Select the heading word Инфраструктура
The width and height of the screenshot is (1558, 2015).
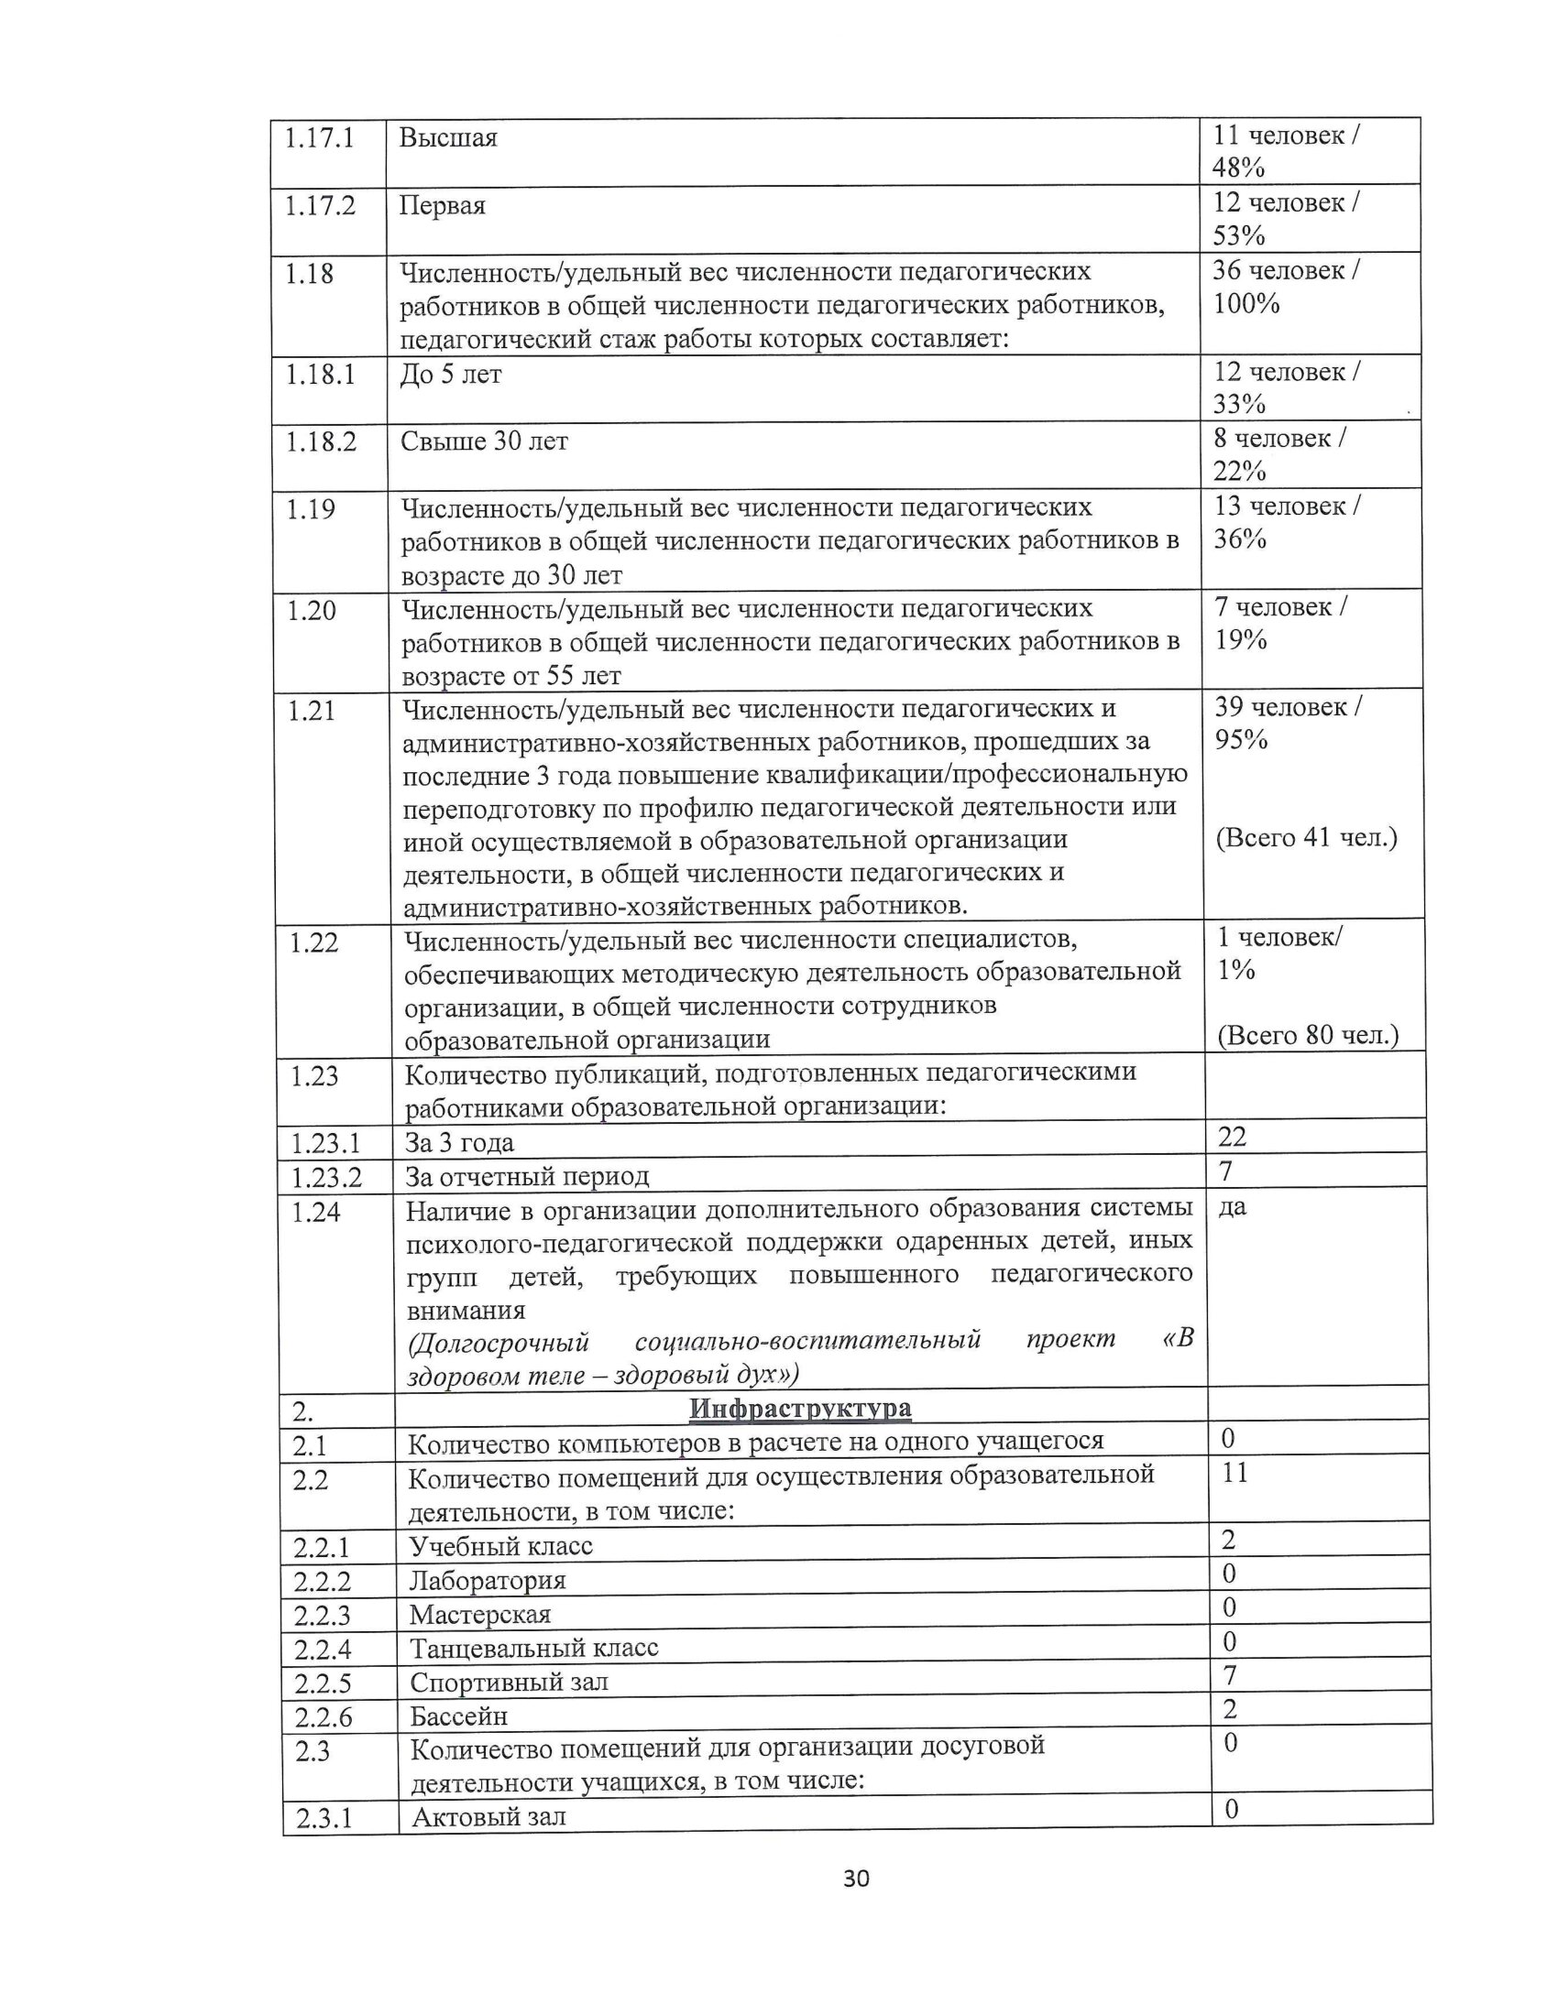[799, 1409]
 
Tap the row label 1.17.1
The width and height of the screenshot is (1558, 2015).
[319, 138]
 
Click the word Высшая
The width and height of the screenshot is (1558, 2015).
[447, 138]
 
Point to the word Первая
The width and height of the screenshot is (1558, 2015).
[442, 206]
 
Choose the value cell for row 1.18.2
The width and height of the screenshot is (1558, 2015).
[1279, 455]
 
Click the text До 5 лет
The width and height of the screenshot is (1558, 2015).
[450, 376]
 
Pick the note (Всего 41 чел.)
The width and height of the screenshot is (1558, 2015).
[1306, 838]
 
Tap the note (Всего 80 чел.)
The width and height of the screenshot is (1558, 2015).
[1308, 1036]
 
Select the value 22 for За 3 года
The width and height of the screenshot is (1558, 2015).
[1232, 1137]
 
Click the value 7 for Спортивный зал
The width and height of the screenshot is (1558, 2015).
[1229, 1674]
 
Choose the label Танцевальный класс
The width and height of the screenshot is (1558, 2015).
[534, 1648]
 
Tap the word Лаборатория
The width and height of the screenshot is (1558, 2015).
[488, 1581]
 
